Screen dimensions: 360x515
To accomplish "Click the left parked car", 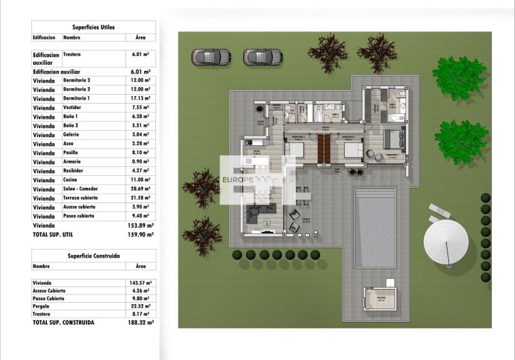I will [x=207, y=56].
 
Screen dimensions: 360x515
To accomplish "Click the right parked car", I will [x=262, y=56].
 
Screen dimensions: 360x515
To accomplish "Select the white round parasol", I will [x=447, y=241].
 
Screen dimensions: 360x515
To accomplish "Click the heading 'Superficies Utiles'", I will [x=93, y=27].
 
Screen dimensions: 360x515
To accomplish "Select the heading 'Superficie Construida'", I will [x=94, y=256].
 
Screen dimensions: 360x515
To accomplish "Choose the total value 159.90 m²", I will [x=142, y=234].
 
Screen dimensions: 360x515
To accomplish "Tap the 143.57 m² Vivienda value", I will [x=140, y=282].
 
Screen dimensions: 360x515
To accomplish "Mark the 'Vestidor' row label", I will [x=74, y=108].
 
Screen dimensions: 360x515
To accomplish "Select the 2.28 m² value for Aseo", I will [x=140, y=144].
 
